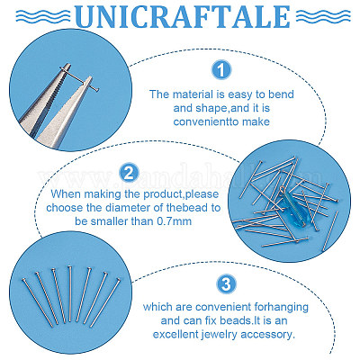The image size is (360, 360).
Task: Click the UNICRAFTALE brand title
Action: tap(183, 17)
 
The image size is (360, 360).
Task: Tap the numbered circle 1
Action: tap(221, 70)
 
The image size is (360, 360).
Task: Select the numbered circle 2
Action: tap(129, 173)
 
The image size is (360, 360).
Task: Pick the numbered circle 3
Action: tap(226, 283)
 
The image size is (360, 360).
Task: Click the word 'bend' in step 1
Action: tap(281, 94)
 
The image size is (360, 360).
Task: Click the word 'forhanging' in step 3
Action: tap(281, 307)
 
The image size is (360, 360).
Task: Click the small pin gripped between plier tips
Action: tap(79, 79)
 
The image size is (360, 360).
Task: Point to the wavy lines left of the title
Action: tap(43, 16)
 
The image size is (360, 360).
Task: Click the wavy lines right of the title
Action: tap(323, 16)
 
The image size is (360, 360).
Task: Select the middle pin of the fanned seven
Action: tap(70, 293)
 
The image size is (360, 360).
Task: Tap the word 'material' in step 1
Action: tap(189, 94)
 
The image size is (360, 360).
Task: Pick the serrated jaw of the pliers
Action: tap(47, 99)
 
